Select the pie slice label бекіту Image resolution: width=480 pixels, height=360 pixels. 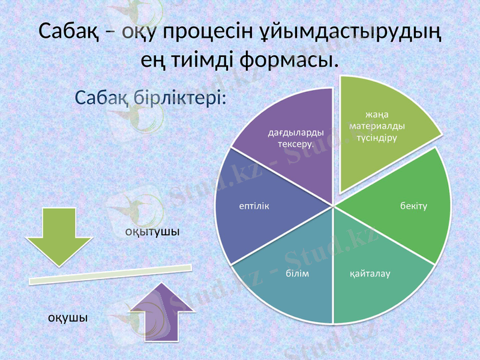coord(413,206)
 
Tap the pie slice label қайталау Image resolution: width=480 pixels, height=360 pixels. coord(370,274)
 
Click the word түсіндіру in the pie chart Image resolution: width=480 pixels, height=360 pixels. coord(377,137)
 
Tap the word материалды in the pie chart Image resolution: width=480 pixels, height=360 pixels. coord(377,126)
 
